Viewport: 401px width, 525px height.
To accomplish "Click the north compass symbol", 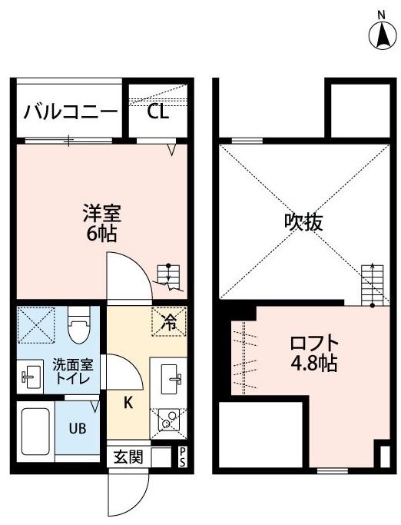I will click(381, 33).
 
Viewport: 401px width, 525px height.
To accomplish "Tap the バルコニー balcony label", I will click(70, 112).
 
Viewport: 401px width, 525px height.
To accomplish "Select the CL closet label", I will click(157, 112).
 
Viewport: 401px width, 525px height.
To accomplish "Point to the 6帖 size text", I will click(102, 234).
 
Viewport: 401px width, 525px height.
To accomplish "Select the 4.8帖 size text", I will click(313, 364).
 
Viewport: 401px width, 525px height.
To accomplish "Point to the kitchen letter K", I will click(129, 400).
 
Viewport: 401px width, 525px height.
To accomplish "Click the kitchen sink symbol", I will click(171, 377).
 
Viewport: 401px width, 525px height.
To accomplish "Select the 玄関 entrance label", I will click(129, 457).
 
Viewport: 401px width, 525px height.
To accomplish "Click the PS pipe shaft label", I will click(183, 457).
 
